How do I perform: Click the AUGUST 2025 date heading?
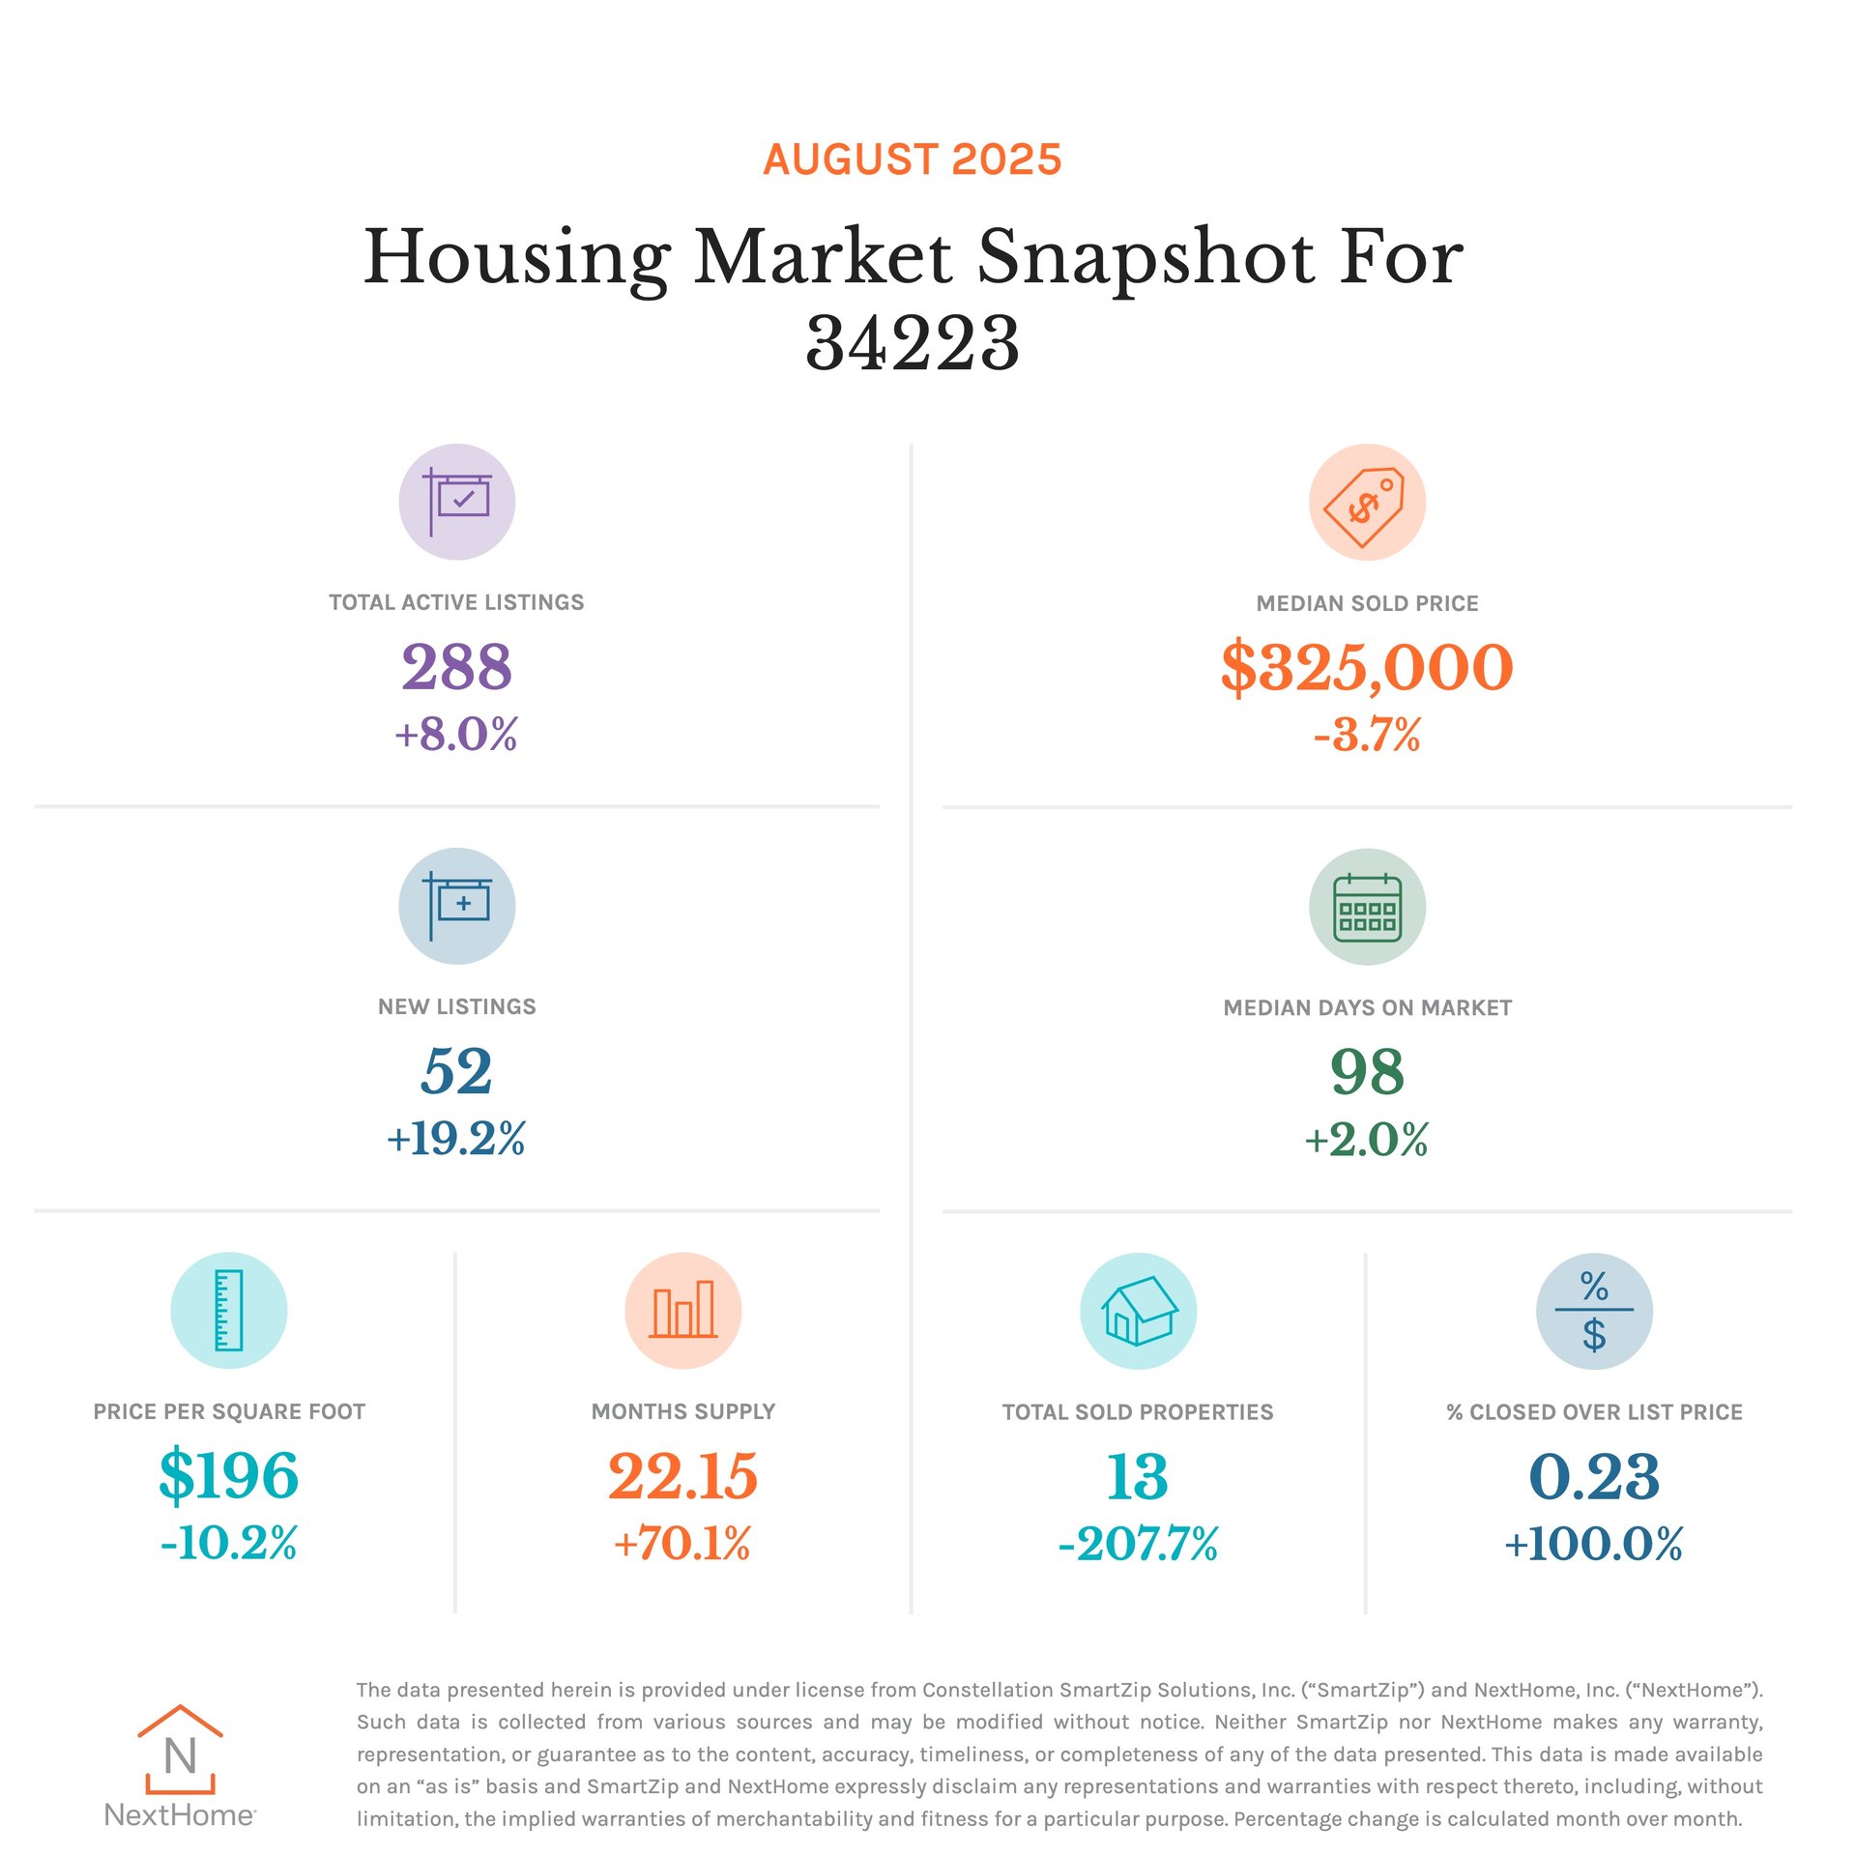[x=912, y=159]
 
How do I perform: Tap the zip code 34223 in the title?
[x=912, y=343]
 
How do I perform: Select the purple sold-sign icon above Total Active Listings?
[x=456, y=502]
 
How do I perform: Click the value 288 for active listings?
[x=456, y=666]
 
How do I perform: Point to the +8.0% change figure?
[x=456, y=734]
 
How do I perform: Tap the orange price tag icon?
[x=1366, y=502]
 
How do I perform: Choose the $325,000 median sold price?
[x=1366, y=667]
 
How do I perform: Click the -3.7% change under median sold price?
[x=1366, y=735]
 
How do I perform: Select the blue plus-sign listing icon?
[x=456, y=906]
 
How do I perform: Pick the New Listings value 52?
[x=456, y=1071]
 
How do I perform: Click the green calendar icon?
[x=1366, y=907]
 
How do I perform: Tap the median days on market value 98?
[x=1366, y=1071]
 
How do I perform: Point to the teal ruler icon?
[x=228, y=1310]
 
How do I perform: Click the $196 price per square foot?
[x=228, y=1475]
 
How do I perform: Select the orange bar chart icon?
[x=682, y=1310]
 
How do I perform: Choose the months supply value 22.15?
[x=682, y=1475]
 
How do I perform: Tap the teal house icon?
[x=1138, y=1311]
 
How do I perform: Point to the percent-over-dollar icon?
[x=1593, y=1311]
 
